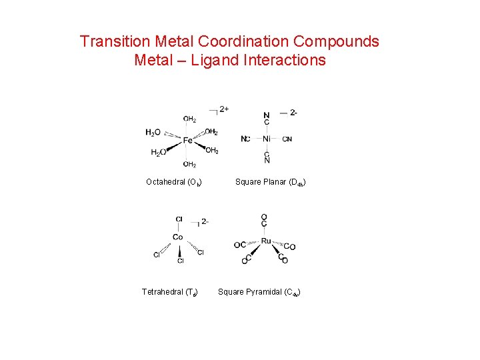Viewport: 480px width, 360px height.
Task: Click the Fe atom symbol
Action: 188,141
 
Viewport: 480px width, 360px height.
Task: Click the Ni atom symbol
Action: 267,139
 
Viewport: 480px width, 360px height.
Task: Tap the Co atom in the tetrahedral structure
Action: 178,237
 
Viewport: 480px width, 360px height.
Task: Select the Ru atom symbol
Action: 266,241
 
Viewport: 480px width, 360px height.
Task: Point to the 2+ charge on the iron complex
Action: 224,109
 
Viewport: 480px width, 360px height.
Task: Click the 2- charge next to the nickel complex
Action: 293,113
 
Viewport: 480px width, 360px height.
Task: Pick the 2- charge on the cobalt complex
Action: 204,221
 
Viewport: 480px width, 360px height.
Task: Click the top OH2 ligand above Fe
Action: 189,119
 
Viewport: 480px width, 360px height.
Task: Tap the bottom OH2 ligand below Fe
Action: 189,164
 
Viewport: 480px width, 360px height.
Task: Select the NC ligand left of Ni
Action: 245,139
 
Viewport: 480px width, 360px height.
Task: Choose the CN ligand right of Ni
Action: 287,139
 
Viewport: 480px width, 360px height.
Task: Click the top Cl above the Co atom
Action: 179,219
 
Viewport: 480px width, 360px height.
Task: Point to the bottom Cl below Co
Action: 180,261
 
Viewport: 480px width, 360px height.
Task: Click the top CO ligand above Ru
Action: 265,220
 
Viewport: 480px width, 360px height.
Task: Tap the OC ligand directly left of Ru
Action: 240,245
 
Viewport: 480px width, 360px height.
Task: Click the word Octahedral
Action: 165,182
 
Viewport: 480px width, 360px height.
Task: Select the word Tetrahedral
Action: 162,292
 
